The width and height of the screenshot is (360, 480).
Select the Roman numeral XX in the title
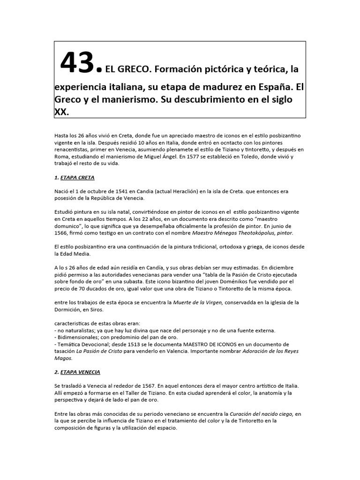click(x=61, y=112)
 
